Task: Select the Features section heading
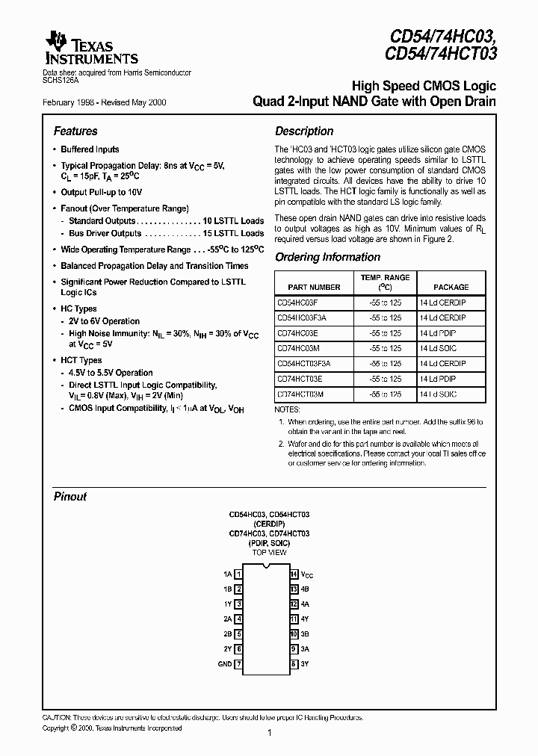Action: pos(75,131)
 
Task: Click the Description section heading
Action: pos(304,131)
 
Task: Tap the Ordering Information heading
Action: pos(327,257)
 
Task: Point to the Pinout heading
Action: pos(70,496)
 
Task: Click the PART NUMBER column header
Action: pos(313,287)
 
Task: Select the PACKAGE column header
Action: pos(451,287)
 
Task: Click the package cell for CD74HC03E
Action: pos(442,333)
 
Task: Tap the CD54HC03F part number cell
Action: pos(297,303)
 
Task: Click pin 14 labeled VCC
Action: pos(294,574)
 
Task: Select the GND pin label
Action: pos(225,663)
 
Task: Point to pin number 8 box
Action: pos(294,663)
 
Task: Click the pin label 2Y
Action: pos(228,648)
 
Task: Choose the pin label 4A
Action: pos(304,604)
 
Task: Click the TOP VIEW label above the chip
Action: pos(268,552)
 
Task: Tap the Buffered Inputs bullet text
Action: pos(90,149)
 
